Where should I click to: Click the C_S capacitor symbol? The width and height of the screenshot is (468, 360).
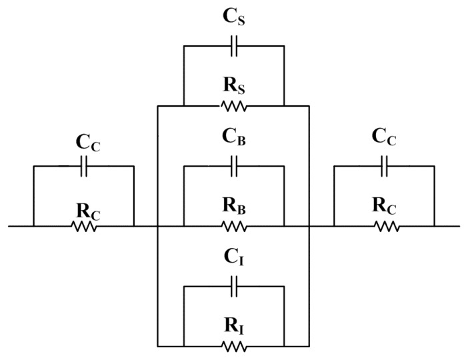234,46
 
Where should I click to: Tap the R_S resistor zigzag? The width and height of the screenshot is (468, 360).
234,106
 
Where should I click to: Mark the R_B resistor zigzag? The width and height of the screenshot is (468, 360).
234,227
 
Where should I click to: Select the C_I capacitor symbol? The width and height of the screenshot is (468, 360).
234,287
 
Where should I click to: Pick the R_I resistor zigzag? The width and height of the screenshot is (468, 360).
234,346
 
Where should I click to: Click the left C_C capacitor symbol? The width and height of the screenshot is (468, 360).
84,167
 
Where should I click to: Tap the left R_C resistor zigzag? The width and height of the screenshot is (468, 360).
84,227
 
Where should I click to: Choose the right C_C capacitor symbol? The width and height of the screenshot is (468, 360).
385,167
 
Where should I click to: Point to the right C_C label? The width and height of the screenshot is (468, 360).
385,141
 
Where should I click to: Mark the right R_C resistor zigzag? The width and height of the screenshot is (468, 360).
385,227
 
